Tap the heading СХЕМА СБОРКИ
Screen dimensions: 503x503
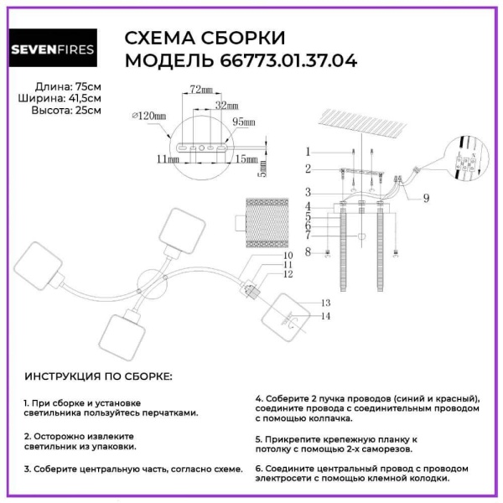tap(205, 39)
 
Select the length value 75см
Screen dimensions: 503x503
tap(86, 87)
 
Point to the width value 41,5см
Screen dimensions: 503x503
tap(82, 99)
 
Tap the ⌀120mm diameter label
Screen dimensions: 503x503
tap(150, 116)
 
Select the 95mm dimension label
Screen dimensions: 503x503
tap(242, 122)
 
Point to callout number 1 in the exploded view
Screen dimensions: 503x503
tap(309, 152)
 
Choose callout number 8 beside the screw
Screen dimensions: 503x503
tap(309, 251)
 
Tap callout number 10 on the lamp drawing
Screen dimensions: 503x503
tap(287, 254)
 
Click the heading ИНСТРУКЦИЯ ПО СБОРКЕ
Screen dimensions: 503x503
tap(98, 376)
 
